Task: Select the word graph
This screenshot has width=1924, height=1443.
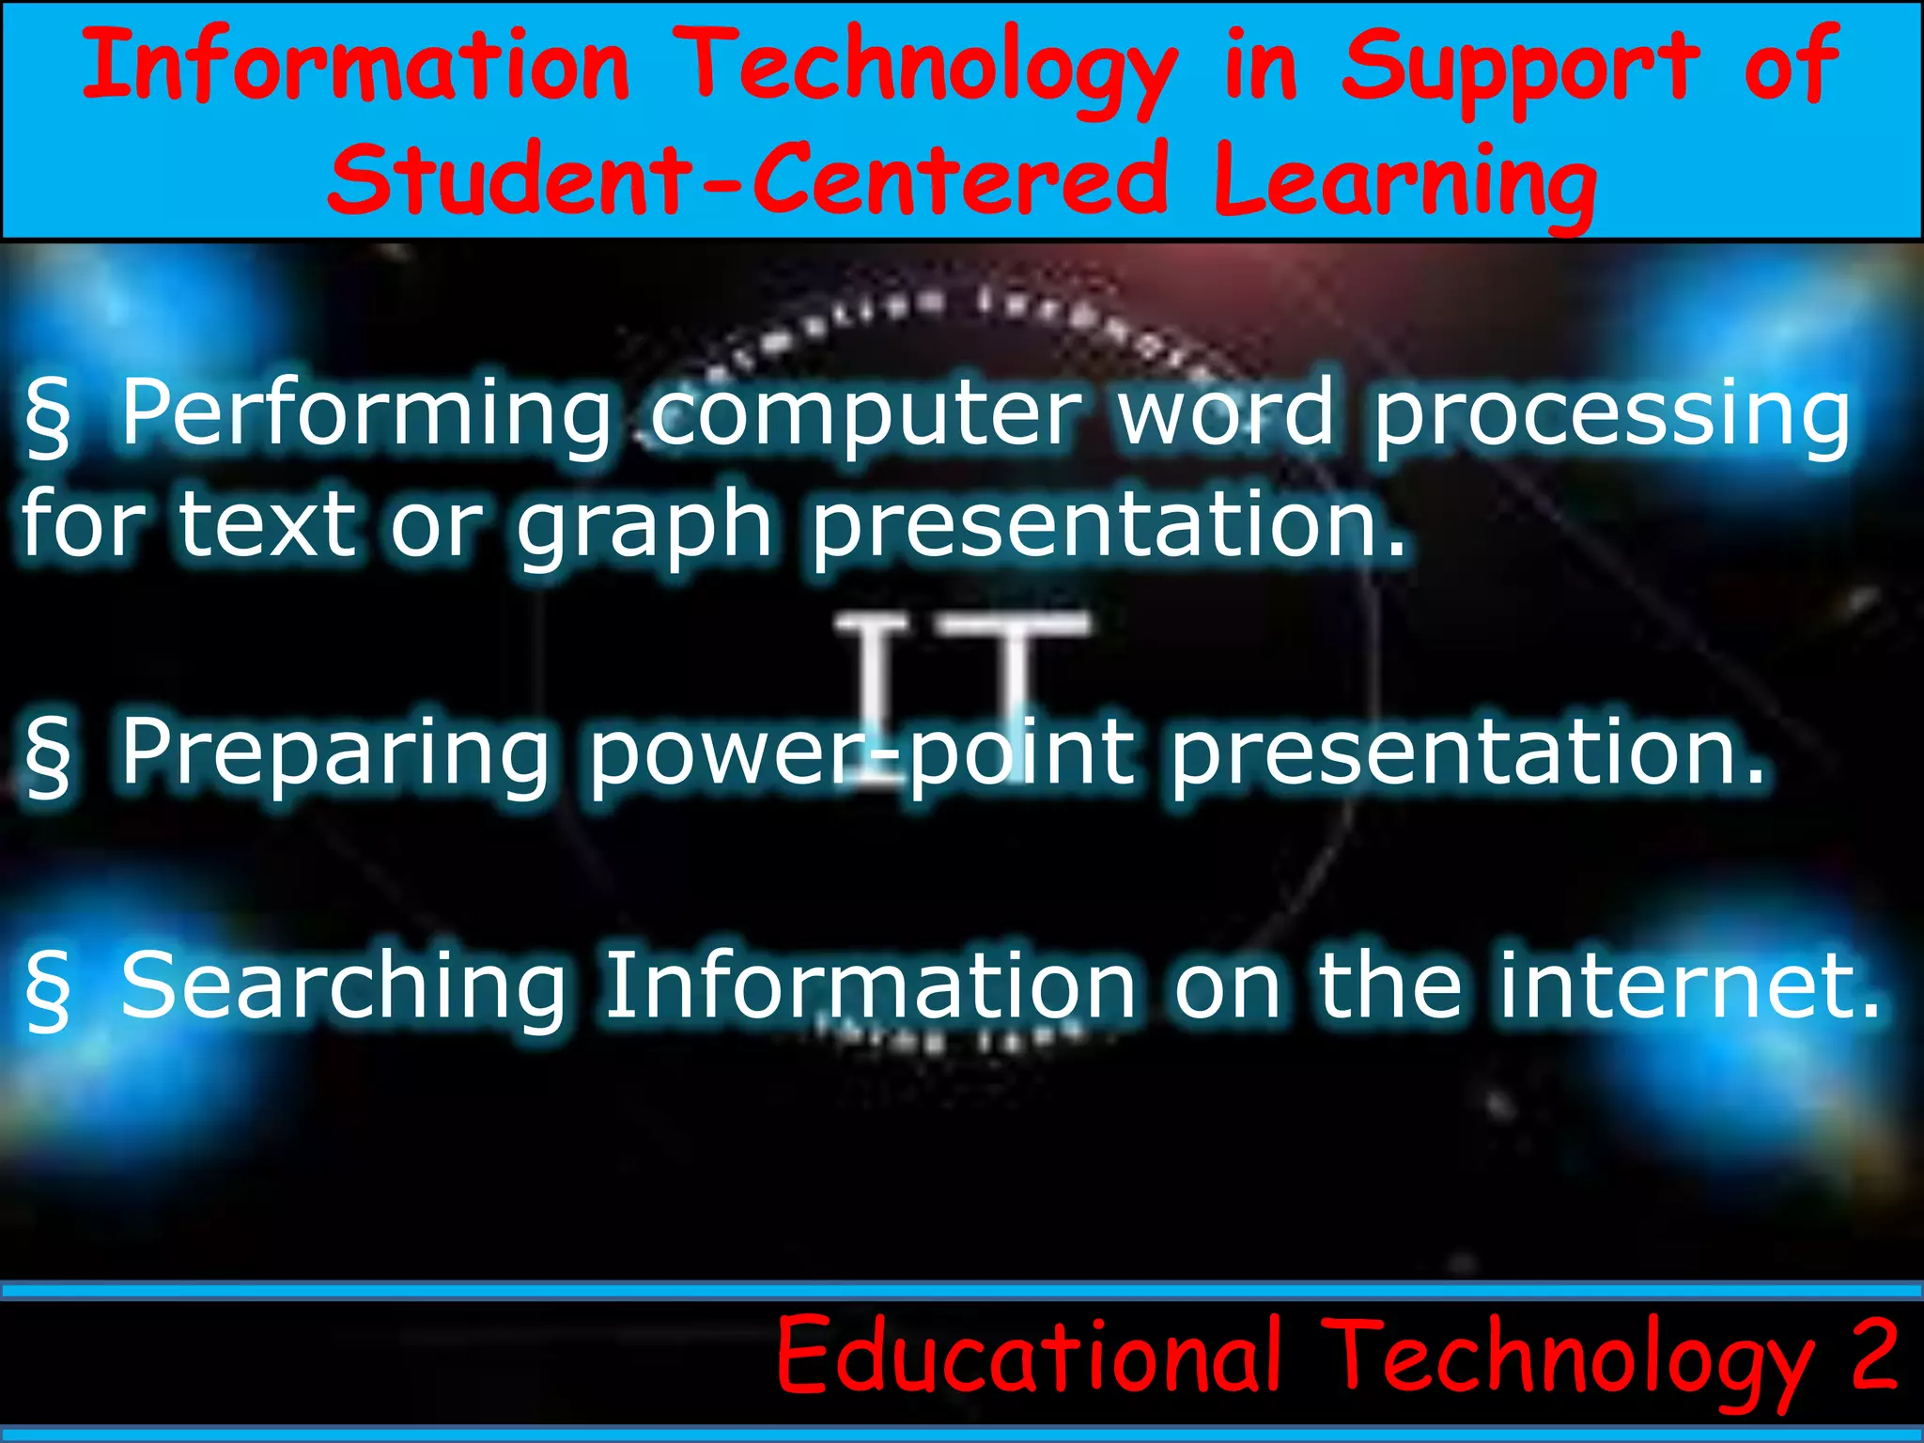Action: click(x=644, y=526)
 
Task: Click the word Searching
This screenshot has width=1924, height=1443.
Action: click(x=344, y=986)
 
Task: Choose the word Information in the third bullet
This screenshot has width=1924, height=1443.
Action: click(x=870, y=986)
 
